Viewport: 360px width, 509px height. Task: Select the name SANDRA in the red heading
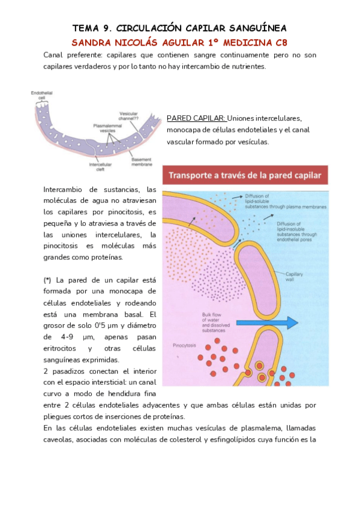point(91,43)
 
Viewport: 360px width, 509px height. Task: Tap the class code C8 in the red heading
point(280,43)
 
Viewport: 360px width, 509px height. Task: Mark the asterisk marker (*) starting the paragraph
point(47,280)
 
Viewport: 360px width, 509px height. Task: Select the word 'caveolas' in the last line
point(60,439)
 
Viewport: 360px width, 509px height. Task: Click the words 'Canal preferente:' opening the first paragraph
point(68,55)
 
